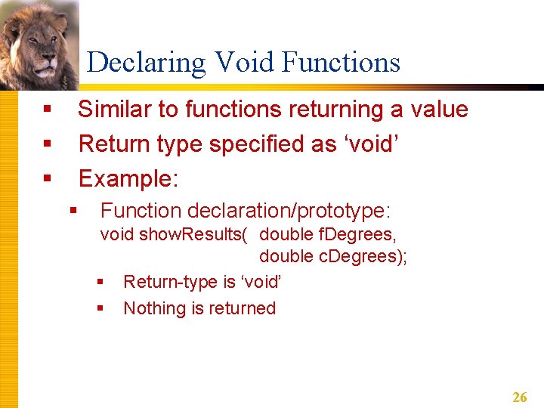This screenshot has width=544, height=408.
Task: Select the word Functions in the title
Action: pos(341,62)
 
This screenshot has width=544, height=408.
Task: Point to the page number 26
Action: pos(520,397)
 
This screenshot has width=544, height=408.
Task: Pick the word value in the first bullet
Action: pos(439,110)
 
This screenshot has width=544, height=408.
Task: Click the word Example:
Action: pos(128,178)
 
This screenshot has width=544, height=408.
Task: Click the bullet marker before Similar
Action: pos(47,110)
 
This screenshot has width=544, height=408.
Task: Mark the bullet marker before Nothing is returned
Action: pos(100,308)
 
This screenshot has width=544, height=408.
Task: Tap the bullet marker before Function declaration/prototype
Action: pos(74,211)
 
